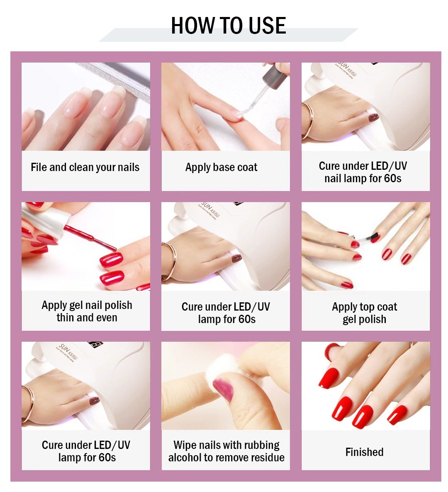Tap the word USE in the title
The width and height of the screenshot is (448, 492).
(x=267, y=26)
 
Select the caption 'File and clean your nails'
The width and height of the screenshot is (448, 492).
(x=85, y=167)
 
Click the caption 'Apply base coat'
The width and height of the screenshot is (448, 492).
(x=221, y=167)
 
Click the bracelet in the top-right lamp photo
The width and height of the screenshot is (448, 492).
(x=307, y=120)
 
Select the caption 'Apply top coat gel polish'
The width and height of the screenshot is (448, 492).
(x=364, y=313)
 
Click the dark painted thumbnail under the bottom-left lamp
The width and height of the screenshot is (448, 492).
(x=94, y=400)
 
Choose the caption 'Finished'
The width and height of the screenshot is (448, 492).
(x=364, y=452)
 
